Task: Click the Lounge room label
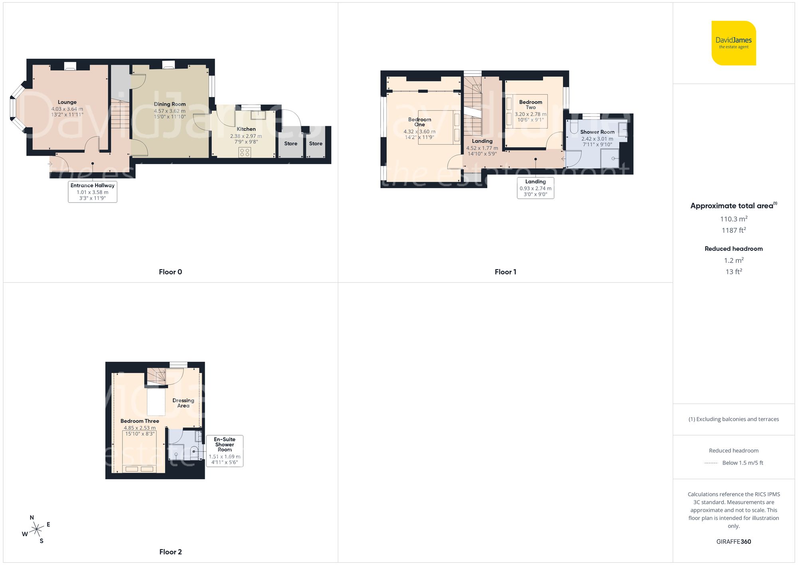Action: (67, 102)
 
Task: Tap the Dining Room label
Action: (170, 104)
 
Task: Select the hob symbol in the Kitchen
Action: (245, 152)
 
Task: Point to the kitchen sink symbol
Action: (258, 115)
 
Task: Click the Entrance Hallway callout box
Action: (93, 192)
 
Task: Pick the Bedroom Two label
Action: (531, 105)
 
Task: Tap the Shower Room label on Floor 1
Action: (597, 132)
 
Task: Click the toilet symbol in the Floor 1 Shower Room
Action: (574, 127)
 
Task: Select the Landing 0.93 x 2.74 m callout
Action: (535, 188)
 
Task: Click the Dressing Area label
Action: (183, 403)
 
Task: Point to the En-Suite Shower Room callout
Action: (225, 451)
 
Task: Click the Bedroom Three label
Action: (140, 421)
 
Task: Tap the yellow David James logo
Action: (733, 43)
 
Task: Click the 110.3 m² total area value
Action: (733, 219)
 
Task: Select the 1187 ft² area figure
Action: (733, 230)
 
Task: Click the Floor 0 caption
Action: (170, 272)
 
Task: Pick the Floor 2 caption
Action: (170, 552)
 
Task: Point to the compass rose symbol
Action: (37, 529)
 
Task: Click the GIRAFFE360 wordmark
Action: (733, 541)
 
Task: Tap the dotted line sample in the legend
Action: (711, 463)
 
